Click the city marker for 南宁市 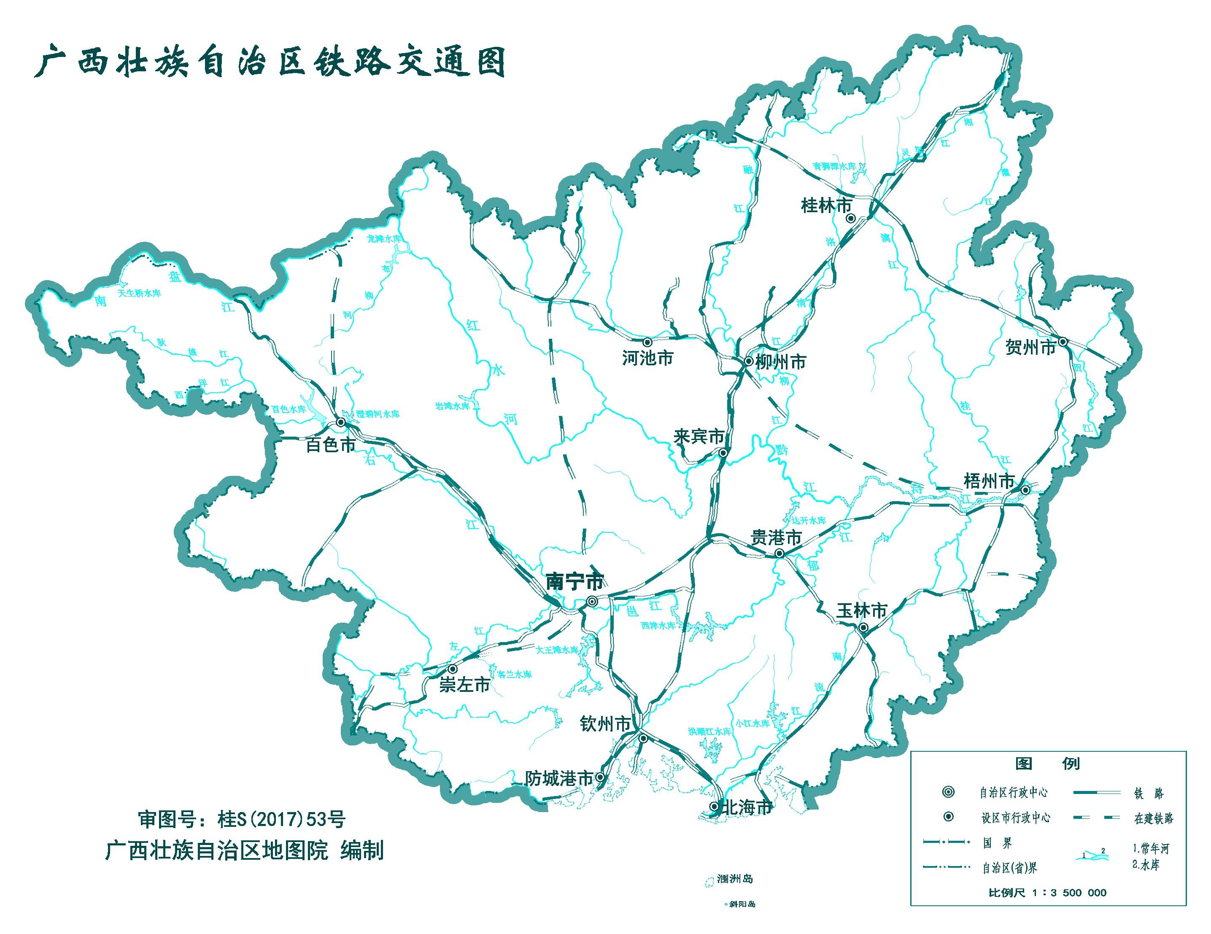click(592, 601)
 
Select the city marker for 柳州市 click(748, 361)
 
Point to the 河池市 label click(647, 358)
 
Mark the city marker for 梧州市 click(1026, 490)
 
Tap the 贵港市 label click(776, 537)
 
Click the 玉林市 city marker click(863, 627)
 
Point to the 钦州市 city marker click(643, 739)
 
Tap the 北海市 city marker click(714, 807)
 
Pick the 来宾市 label click(699, 437)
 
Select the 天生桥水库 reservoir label click(139, 293)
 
